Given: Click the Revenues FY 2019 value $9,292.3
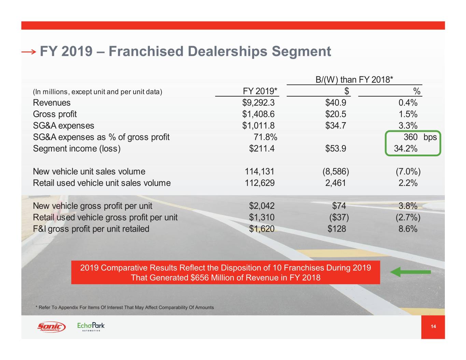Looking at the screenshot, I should [258, 103].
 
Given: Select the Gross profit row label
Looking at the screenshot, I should [55, 114].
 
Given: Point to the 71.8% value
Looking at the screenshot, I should [265, 137].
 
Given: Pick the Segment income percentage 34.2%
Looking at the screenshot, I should [406, 149].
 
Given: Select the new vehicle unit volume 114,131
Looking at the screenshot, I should [259, 171].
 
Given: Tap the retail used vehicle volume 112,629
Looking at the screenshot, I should [259, 183].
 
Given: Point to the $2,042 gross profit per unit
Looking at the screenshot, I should [262, 206].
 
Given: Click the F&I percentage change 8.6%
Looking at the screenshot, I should [408, 229].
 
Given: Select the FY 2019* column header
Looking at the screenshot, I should [260, 91].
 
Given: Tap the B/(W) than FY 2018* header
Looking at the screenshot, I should [354, 80].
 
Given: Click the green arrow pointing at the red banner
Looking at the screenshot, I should [410, 272].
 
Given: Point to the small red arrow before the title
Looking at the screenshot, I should [28, 52].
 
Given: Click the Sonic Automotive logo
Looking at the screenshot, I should [51, 327].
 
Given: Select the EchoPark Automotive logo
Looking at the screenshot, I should [91, 327].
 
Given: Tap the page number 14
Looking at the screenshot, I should [433, 327].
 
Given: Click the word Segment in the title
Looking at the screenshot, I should [301, 52].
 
